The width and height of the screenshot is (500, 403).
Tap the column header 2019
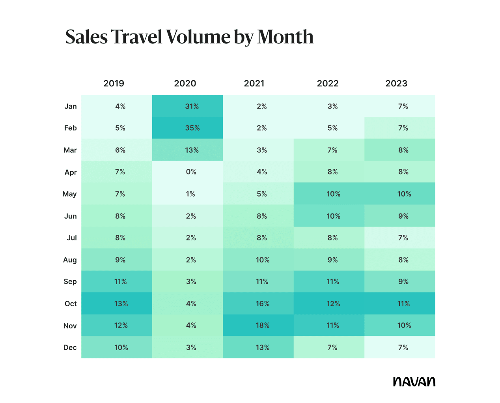(x=114, y=84)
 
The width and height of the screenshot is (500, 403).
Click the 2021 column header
(x=254, y=84)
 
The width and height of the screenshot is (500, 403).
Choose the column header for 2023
(x=396, y=84)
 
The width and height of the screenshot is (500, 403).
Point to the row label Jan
(x=71, y=106)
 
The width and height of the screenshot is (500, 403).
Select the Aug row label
(x=70, y=260)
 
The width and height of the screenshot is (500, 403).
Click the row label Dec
(x=70, y=347)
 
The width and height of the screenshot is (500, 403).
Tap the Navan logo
(x=414, y=382)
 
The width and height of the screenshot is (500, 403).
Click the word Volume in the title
(x=198, y=37)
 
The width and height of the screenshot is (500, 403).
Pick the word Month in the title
(x=285, y=37)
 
